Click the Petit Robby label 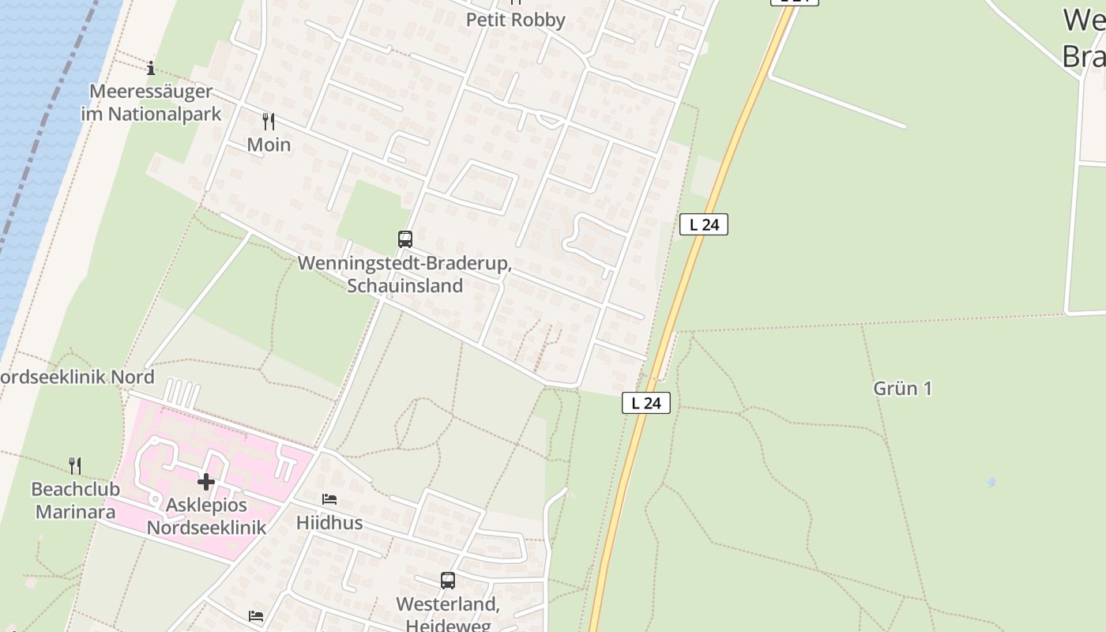pyautogui.click(x=515, y=20)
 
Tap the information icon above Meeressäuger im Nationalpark pyautogui.click(x=151, y=68)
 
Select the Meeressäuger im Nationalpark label pyautogui.click(x=152, y=103)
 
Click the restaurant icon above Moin pyautogui.click(x=269, y=122)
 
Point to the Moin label pyautogui.click(x=269, y=145)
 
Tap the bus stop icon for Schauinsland pyautogui.click(x=405, y=239)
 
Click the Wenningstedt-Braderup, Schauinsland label pyautogui.click(x=404, y=274)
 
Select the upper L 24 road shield pyautogui.click(x=703, y=224)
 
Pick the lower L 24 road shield pyautogui.click(x=646, y=403)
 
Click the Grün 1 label pyautogui.click(x=902, y=388)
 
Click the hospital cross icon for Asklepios pyautogui.click(x=206, y=481)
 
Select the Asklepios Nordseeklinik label pyautogui.click(x=207, y=516)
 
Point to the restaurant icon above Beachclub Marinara pyautogui.click(x=75, y=465)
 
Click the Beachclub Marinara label pyautogui.click(x=76, y=501)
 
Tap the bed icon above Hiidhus pyautogui.click(x=329, y=499)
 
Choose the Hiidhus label pyautogui.click(x=329, y=523)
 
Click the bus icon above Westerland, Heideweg pyautogui.click(x=448, y=581)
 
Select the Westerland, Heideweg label pyautogui.click(x=448, y=614)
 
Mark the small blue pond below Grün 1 pyautogui.click(x=991, y=481)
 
